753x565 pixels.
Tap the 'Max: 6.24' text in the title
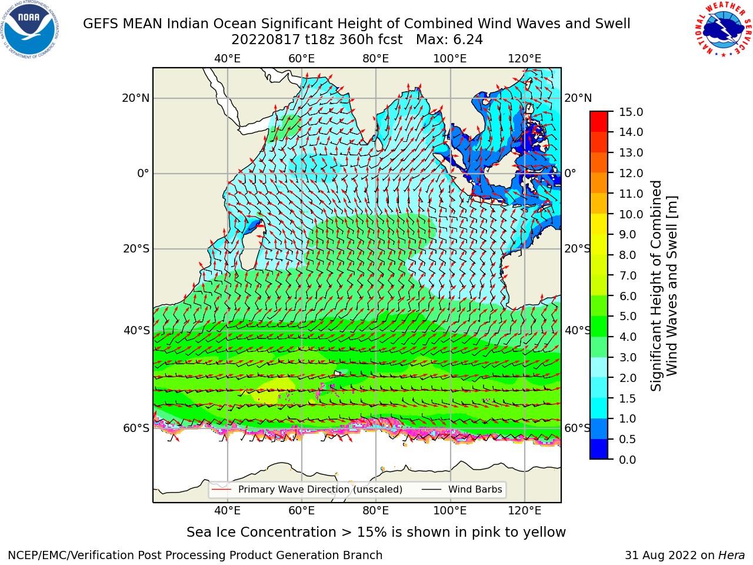click(449, 40)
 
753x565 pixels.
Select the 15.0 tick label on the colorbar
click(631, 112)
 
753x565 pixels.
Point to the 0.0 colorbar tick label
click(628, 460)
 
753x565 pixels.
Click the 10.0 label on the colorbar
click(631, 214)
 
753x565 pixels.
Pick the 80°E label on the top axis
click(376, 59)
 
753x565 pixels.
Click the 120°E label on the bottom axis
click(525, 511)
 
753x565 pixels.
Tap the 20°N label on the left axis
click(136, 98)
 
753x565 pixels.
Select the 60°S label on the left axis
click(136, 428)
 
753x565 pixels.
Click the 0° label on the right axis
click(570, 173)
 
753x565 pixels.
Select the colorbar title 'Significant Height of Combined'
click(656, 286)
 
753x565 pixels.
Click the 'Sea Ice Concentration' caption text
click(261, 533)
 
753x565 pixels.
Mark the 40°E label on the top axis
click(227, 59)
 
